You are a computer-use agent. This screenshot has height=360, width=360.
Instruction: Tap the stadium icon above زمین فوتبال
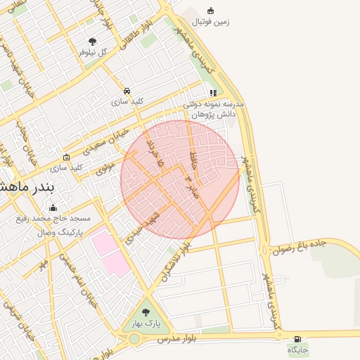pyautogui.click(x=210, y=10)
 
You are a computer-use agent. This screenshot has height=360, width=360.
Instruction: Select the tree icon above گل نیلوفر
pyautogui.click(x=93, y=41)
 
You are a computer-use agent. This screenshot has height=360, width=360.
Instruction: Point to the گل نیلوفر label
pyautogui.click(x=93, y=52)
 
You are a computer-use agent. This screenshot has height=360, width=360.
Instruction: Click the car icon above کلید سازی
pyautogui.click(x=127, y=91)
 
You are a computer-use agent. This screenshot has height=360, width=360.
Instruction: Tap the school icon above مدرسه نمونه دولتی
pyautogui.click(x=213, y=92)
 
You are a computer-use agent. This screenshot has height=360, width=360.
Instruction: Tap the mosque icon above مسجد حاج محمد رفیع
pyautogui.click(x=53, y=207)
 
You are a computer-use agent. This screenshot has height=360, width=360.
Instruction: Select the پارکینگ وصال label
pyautogui.click(x=59, y=231)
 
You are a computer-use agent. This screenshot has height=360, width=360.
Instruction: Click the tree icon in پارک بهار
pyautogui.click(x=146, y=313)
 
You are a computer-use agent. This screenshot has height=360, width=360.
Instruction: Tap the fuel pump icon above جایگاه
pyautogui.click(x=297, y=339)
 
